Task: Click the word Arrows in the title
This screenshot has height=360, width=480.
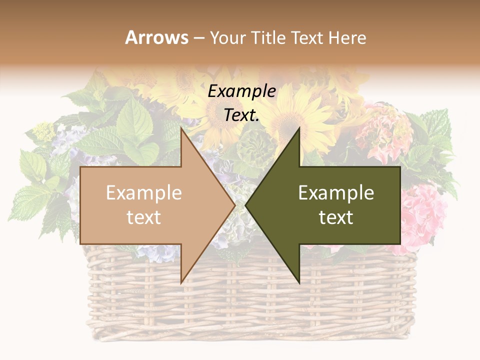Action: (x=156, y=37)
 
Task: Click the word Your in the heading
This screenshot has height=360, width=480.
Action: (x=228, y=37)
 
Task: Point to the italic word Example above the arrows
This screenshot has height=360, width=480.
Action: (x=242, y=91)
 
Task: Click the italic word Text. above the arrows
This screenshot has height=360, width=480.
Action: (x=242, y=115)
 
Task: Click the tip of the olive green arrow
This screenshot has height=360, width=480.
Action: (x=246, y=204)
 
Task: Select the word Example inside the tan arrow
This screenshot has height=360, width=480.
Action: (x=144, y=193)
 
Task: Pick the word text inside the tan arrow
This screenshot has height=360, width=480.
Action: (x=144, y=217)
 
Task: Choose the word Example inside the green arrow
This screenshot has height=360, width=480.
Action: (x=336, y=193)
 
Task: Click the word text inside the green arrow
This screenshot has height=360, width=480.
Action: (x=336, y=217)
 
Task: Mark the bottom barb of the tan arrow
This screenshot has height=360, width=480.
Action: (x=181, y=282)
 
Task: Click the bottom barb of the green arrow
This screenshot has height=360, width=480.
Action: (x=299, y=281)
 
